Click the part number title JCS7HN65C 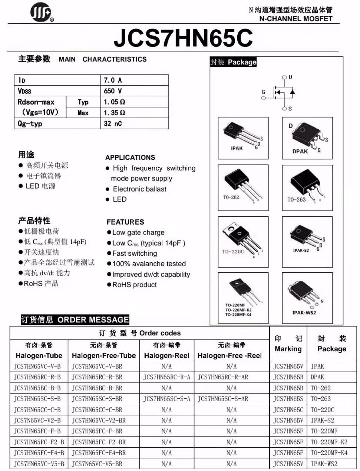(183, 37)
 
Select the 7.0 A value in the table (113, 80)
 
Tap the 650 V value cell (113, 91)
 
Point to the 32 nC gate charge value (113, 123)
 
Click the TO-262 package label (231, 198)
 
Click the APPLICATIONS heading (130, 157)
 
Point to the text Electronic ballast (139, 189)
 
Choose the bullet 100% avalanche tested (149, 264)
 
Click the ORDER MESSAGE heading (93, 320)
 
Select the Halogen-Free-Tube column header (104, 355)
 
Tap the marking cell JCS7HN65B (288, 388)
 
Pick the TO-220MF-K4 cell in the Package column (329, 453)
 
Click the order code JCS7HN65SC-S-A (166, 399)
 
